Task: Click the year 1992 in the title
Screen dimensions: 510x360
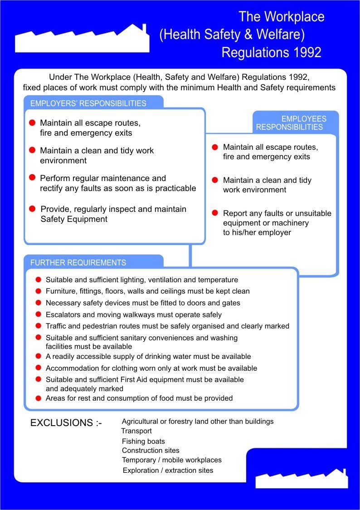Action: (x=306, y=52)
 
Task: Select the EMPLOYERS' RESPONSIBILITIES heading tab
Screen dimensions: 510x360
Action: (x=88, y=103)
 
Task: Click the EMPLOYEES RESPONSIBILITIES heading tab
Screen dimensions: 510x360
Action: (x=295, y=123)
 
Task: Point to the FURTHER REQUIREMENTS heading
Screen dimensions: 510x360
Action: (x=78, y=263)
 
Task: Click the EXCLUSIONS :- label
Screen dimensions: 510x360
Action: (x=66, y=423)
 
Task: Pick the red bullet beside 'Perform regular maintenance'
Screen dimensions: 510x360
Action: (x=32, y=177)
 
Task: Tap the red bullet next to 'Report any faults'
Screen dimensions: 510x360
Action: (x=215, y=213)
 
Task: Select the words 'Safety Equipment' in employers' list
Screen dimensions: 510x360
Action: (x=74, y=219)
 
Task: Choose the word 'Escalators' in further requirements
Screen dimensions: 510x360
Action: (x=63, y=314)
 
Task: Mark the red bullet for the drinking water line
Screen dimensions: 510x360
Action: (x=39, y=357)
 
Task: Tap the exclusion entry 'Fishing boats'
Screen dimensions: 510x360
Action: (x=143, y=441)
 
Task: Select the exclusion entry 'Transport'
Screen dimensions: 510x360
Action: (x=136, y=431)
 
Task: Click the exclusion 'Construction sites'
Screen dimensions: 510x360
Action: (x=151, y=451)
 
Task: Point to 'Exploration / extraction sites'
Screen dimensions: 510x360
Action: (x=168, y=471)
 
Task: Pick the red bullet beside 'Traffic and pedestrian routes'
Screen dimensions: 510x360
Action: (x=39, y=326)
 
